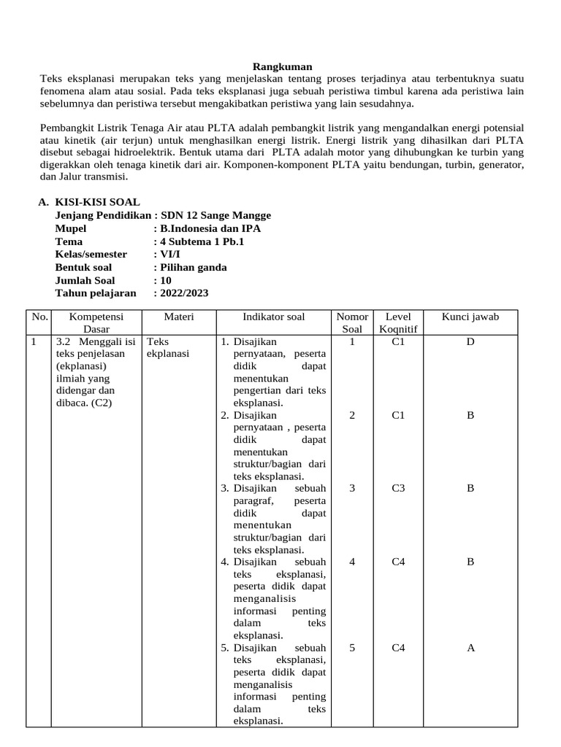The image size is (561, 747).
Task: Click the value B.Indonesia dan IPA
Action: click(210, 228)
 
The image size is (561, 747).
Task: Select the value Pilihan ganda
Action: click(194, 267)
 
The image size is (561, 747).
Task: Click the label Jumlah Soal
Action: click(85, 280)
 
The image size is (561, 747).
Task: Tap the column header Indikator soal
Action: click(274, 317)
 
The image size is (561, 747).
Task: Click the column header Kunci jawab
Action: click(470, 317)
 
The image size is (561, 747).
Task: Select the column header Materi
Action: click(178, 317)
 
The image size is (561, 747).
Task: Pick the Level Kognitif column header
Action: click(398, 322)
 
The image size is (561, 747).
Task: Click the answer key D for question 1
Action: click(470, 341)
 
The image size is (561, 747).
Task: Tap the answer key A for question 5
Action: click(470, 647)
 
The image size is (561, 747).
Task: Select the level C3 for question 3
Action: click(398, 488)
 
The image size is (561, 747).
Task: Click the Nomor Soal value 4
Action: click(352, 562)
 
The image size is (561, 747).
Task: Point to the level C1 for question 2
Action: click(398, 414)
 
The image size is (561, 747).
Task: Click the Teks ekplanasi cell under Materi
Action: click(168, 347)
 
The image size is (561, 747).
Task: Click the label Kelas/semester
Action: click(91, 254)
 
